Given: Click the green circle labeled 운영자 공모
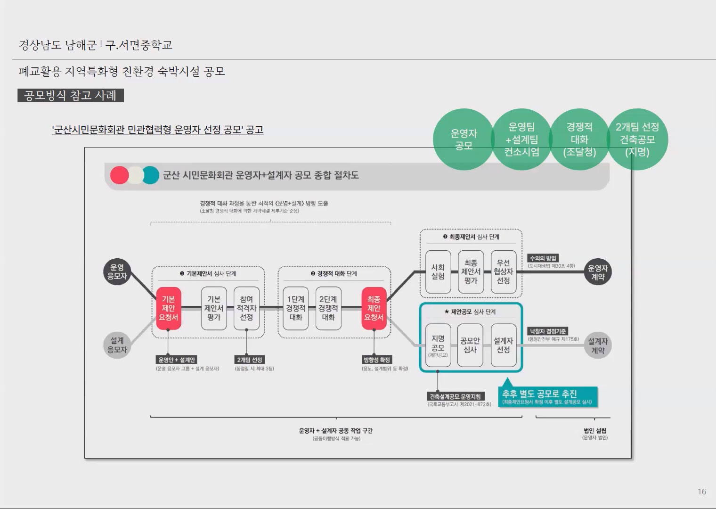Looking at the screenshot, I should point(464,140).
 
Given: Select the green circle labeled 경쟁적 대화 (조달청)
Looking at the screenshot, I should point(579,140).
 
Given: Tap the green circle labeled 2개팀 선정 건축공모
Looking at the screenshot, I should point(637,140).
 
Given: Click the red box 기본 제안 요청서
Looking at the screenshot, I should point(168,308).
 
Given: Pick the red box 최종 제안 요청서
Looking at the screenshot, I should point(374,308).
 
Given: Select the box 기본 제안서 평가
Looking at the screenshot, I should point(214,308).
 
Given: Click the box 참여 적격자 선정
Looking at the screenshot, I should point(246,308).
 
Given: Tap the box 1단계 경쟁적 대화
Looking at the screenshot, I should point(296,308).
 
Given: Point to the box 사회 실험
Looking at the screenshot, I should point(438,272).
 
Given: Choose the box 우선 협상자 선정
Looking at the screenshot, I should point(503,272).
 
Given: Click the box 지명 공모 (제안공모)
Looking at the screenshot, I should point(438,345).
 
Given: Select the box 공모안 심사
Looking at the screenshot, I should point(470,345).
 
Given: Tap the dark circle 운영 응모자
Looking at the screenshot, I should point(117,272).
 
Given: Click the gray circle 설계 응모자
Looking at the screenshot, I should point(117,345).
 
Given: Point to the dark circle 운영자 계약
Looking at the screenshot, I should point(598,272).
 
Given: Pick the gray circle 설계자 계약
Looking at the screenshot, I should point(598,345).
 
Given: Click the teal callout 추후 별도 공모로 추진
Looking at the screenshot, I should point(547,397).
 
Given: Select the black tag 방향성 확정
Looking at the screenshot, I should point(376,360).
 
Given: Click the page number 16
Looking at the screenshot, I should point(701,492).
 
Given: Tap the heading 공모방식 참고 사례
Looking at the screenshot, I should point(70,96).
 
